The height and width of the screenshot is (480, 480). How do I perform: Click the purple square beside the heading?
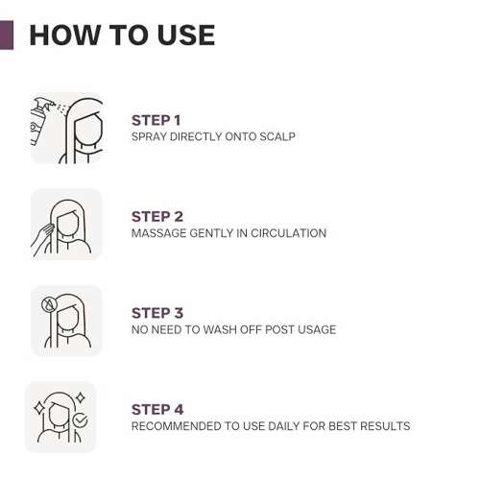tap(7, 36)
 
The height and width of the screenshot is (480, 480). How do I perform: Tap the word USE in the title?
tap(186, 35)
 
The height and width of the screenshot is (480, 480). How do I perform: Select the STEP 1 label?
tap(156, 121)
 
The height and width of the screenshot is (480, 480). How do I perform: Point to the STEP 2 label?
tap(157, 217)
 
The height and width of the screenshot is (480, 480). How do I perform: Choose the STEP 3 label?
tap(157, 313)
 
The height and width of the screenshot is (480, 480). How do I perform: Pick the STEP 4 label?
tap(157, 410)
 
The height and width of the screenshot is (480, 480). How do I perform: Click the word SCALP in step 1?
tap(277, 136)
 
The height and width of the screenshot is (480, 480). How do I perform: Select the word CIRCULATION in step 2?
tap(288, 233)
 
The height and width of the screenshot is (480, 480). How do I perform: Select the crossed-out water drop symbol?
tap(49, 304)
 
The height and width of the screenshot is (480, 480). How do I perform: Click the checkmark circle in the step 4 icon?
tap(80, 420)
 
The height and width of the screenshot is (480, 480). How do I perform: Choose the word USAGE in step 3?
tap(317, 329)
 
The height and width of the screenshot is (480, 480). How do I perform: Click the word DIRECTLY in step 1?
tap(196, 136)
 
